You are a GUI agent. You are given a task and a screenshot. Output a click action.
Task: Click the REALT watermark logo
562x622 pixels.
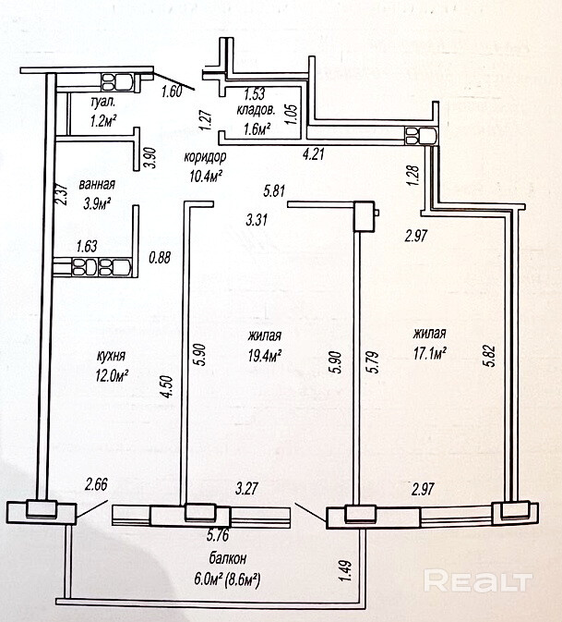coord(477,582)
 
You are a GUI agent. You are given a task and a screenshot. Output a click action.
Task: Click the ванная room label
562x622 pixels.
coord(96,183)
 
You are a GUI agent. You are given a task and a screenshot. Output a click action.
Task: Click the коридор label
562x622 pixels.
coord(206,156)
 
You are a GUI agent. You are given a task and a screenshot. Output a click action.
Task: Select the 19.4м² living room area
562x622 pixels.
coord(264,356)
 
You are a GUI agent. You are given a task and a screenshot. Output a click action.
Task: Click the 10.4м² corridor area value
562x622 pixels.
coord(206,176)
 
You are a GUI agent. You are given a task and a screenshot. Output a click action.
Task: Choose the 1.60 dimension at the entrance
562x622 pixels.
coord(172,91)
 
